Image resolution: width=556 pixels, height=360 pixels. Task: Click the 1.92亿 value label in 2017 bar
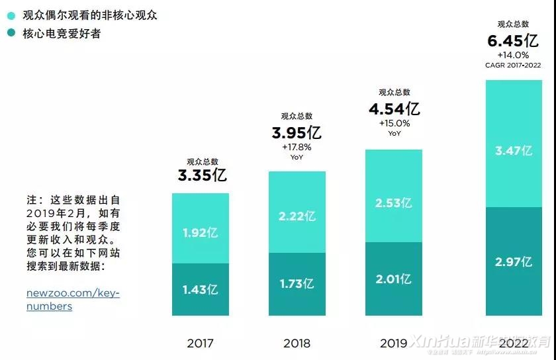point(200,232)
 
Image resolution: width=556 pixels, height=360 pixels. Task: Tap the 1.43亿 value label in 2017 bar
point(200,289)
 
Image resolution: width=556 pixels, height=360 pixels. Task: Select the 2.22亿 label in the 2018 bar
point(297,216)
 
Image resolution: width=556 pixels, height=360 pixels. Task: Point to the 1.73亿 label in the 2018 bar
point(297,284)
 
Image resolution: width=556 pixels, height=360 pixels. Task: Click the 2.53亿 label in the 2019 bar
point(393,202)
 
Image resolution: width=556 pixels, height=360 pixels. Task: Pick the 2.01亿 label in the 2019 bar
point(393,279)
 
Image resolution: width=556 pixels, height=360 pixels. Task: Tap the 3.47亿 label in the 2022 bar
point(514,150)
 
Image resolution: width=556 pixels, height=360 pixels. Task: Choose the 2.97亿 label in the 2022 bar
point(514,261)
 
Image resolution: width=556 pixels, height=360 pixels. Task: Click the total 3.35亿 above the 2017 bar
point(202,175)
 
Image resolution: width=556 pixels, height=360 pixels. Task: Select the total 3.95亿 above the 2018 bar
point(297,132)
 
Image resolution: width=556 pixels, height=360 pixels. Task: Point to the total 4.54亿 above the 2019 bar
point(394,109)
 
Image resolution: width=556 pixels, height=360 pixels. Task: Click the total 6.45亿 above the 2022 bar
point(513,41)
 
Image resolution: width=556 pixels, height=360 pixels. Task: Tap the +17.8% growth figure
point(296,147)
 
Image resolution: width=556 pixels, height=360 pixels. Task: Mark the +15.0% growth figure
point(394,123)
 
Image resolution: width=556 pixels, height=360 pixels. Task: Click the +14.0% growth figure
point(514,55)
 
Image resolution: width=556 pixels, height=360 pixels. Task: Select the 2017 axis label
point(200,343)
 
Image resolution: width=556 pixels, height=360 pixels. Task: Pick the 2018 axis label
point(297,343)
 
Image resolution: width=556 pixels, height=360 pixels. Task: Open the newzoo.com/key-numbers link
point(73,299)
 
